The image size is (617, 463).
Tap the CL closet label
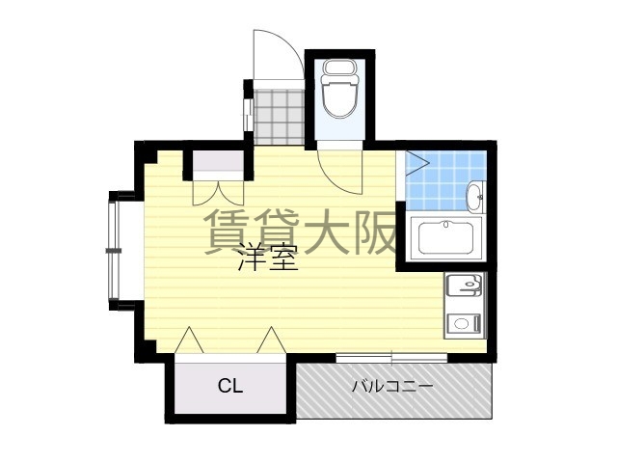coord(229,387)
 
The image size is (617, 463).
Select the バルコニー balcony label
coord(391,387)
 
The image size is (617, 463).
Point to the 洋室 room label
coord(268,259)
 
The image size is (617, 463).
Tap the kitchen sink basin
coord(463,287)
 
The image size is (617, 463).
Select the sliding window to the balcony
coord(391,359)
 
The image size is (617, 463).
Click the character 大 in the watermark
coord(323,231)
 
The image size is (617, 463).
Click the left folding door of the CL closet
coord(190,340)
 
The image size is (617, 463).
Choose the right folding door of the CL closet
coord(271,340)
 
